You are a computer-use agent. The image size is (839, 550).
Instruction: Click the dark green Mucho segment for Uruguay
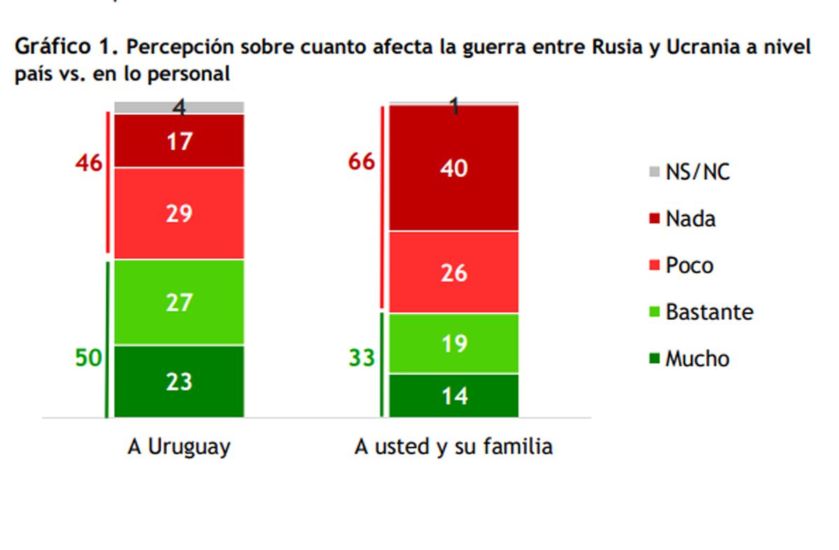[x=179, y=381]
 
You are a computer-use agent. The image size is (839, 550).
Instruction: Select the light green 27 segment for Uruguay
[x=179, y=302]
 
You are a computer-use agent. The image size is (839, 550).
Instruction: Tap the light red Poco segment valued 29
[x=179, y=213]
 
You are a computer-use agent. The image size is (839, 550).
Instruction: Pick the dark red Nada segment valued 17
[x=179, y=141]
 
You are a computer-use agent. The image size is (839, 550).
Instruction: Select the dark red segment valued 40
[x=454, y=168]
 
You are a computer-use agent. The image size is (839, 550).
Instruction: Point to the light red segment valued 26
[x=454, y=272]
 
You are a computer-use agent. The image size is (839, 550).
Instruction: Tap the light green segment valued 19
[x=454, y=344]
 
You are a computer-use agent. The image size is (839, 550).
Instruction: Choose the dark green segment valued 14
[x=454, y=395]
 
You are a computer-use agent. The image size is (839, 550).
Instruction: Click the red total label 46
[x=89, y=163]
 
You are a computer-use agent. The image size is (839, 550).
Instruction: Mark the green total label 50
[x=89, y=358]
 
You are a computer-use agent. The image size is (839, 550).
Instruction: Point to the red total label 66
[x=362, y=162]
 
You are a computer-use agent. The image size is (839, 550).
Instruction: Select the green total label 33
[x=362, y=358]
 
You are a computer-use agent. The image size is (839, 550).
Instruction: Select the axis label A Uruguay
[x=179, y=447]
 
